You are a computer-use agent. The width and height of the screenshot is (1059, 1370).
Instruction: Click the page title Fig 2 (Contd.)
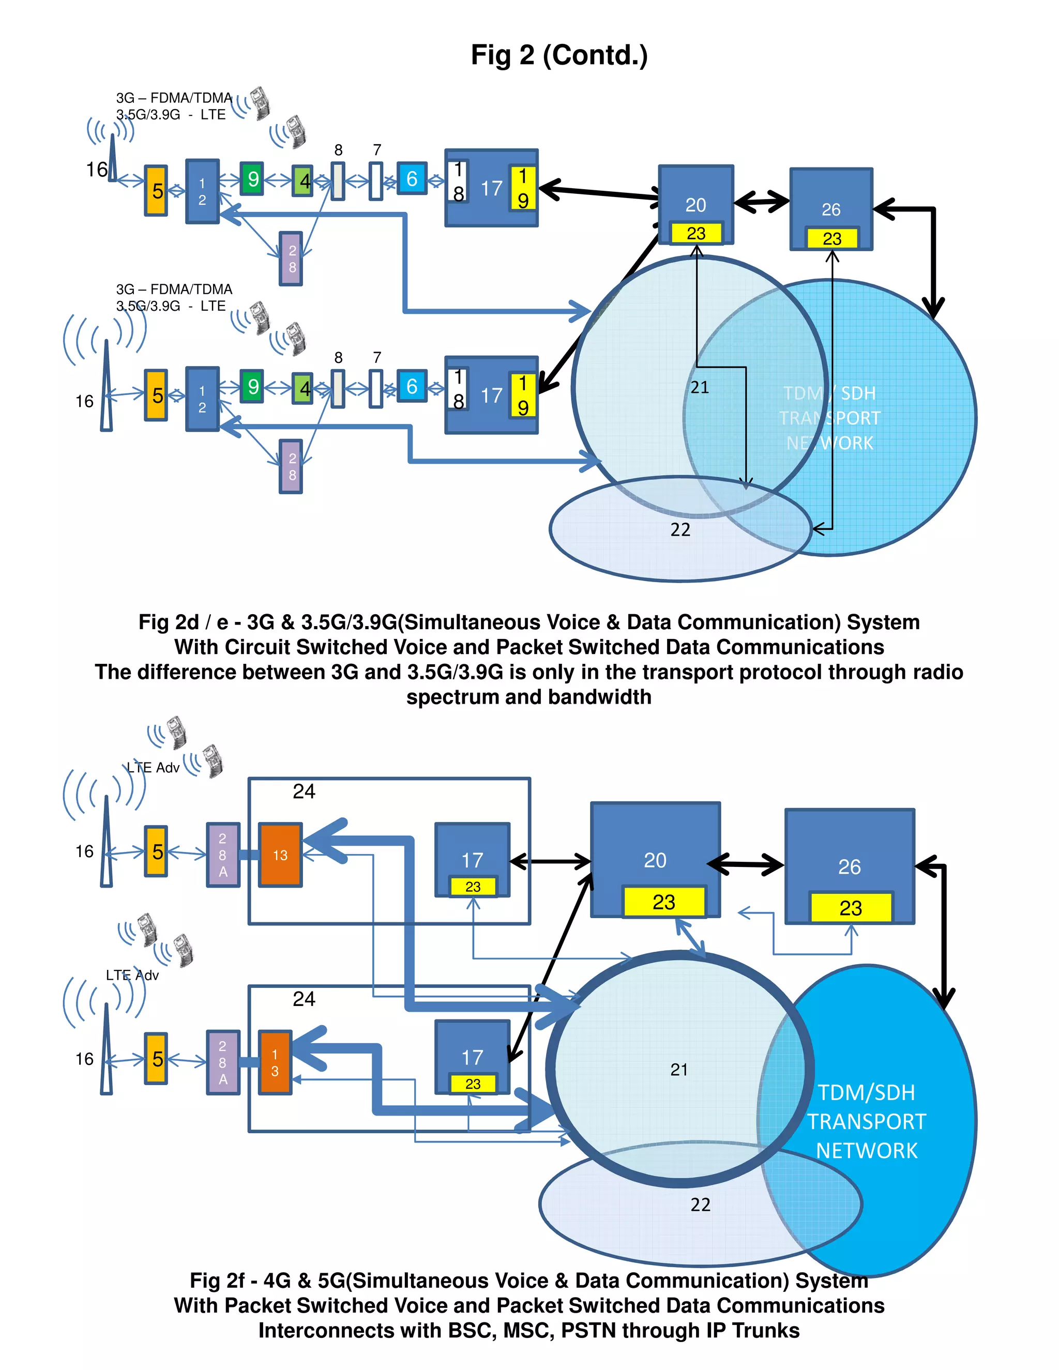coord(559,55)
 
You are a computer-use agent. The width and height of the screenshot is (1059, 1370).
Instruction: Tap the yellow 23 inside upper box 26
coord(831,238)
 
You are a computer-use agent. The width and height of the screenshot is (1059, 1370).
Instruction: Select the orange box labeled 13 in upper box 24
coord(280,855)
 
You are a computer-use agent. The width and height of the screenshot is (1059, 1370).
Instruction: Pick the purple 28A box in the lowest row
coord(223,1062)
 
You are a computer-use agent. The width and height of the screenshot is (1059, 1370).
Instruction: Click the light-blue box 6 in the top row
coord(412,178)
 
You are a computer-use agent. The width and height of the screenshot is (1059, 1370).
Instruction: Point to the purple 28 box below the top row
coord(292,258)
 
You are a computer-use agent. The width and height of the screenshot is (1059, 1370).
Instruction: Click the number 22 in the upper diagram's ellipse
coord(680,529)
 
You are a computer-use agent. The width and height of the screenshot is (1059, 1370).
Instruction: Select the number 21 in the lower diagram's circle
coord(679,1070)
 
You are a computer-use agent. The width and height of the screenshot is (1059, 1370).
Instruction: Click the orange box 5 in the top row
coord(156,191)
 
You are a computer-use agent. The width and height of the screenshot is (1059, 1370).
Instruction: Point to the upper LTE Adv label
coord(153,767)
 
